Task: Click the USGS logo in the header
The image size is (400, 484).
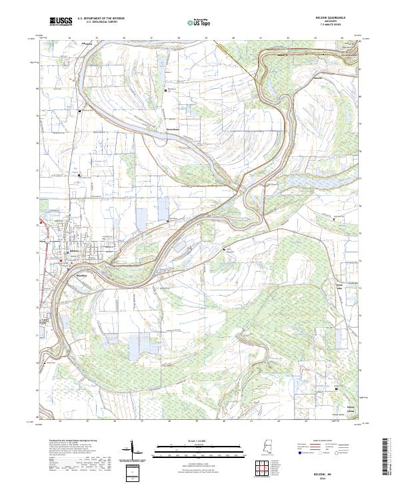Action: coord(61,21)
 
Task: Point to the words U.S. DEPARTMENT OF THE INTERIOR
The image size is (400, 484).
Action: coord(101,19)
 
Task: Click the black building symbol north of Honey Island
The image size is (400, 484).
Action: coord(336,389)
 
